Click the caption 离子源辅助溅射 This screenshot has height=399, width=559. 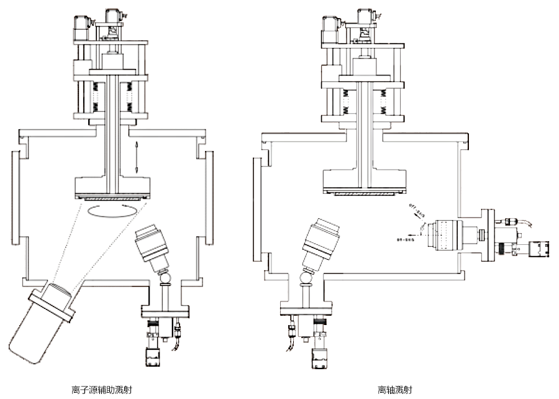pos(101,390)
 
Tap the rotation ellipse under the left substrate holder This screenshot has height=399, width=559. pos(111,209)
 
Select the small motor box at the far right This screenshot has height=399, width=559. pos(540,250)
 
